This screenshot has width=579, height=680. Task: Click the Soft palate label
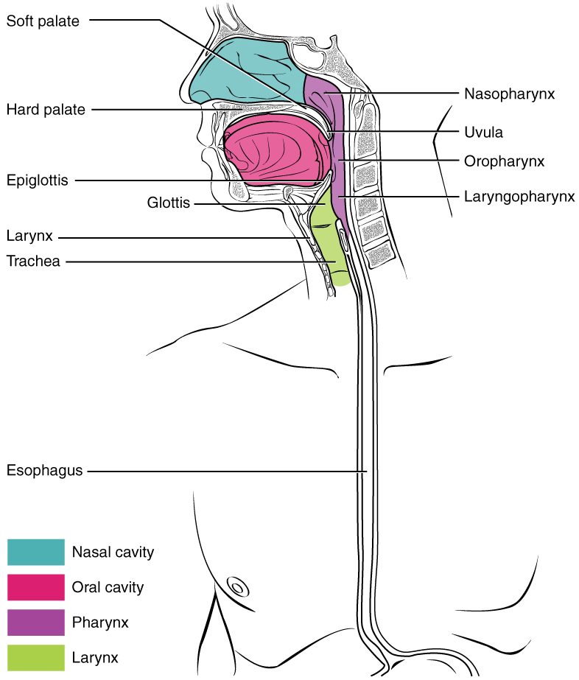[x=43, y=21]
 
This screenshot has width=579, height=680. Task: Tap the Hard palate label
[x=46, y=110]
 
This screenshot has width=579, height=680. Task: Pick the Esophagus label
[x=43, y=469]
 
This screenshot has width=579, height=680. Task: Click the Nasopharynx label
[x=509, y=94]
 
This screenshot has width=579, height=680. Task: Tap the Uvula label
[x=484, y=133]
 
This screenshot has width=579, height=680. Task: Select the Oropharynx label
[x=505, y=161]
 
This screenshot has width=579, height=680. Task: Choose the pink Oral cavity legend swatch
[x=36, y=587]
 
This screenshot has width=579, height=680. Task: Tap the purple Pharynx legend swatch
[x=36, y=623]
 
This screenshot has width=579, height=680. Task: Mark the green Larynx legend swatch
[x=36, y=657]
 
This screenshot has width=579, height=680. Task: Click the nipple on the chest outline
[x=238, y=587]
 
